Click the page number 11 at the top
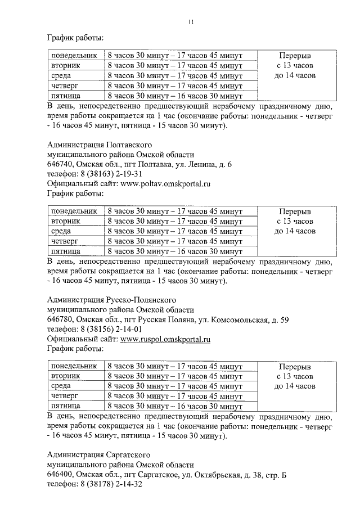point(191,22)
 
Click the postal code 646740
point(60,164)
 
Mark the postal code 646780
point(60,319)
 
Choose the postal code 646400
point(60,474)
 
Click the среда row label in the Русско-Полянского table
point(61,386)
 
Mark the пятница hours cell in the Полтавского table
point(174,251)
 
